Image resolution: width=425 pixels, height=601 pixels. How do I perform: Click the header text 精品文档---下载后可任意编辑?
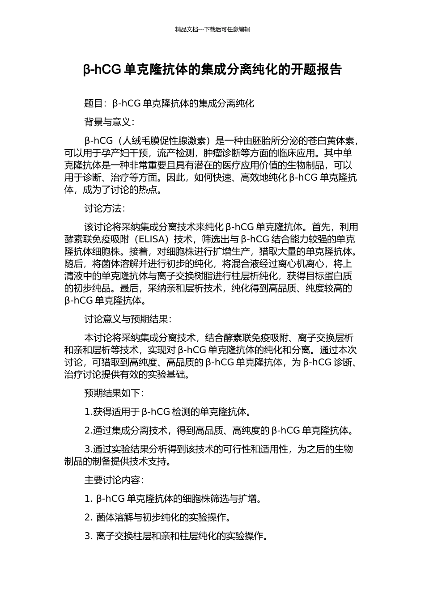tap(212, 30)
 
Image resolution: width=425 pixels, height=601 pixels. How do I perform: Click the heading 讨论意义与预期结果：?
tap(128, 319)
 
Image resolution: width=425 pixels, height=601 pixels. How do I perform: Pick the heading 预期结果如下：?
tap(114, 394)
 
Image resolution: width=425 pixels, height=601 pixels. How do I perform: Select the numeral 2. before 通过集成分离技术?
tap(89, 431)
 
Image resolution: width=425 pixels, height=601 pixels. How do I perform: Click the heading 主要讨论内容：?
tap(114, 480)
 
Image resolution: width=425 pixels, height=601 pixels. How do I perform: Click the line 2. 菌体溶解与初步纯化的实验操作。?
tap(158, 517)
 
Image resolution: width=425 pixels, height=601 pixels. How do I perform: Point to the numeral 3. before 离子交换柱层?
tap(89, 536)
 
